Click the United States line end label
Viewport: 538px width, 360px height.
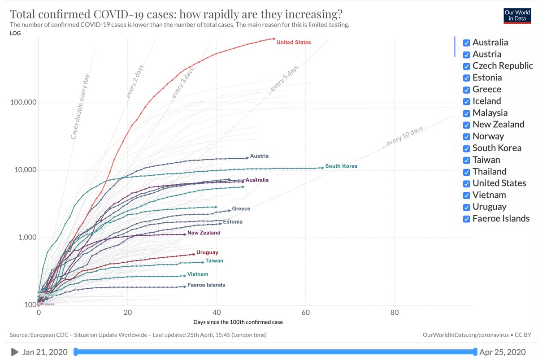[x=293, y=42]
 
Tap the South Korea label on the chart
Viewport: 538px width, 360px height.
[x=341, y=166]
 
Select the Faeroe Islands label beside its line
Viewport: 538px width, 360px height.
[x=206, y=285]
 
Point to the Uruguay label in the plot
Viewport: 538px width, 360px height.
[x=207, y=252]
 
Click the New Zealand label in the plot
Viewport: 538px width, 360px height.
[x=204, y=233]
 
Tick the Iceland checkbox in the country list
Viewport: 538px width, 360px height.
[x=466, y=101]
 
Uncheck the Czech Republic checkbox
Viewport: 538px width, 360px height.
[x=466, y=66]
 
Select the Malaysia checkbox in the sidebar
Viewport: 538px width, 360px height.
[x=466, y=113]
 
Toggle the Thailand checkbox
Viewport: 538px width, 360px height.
[x=466, y=172]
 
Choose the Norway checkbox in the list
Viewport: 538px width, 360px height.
[x=466, y=136]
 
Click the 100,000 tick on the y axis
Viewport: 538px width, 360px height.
[x=23, y=103]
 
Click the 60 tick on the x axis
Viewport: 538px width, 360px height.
[x=305, y=312]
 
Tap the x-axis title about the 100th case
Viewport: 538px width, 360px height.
[x=238, y=322]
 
